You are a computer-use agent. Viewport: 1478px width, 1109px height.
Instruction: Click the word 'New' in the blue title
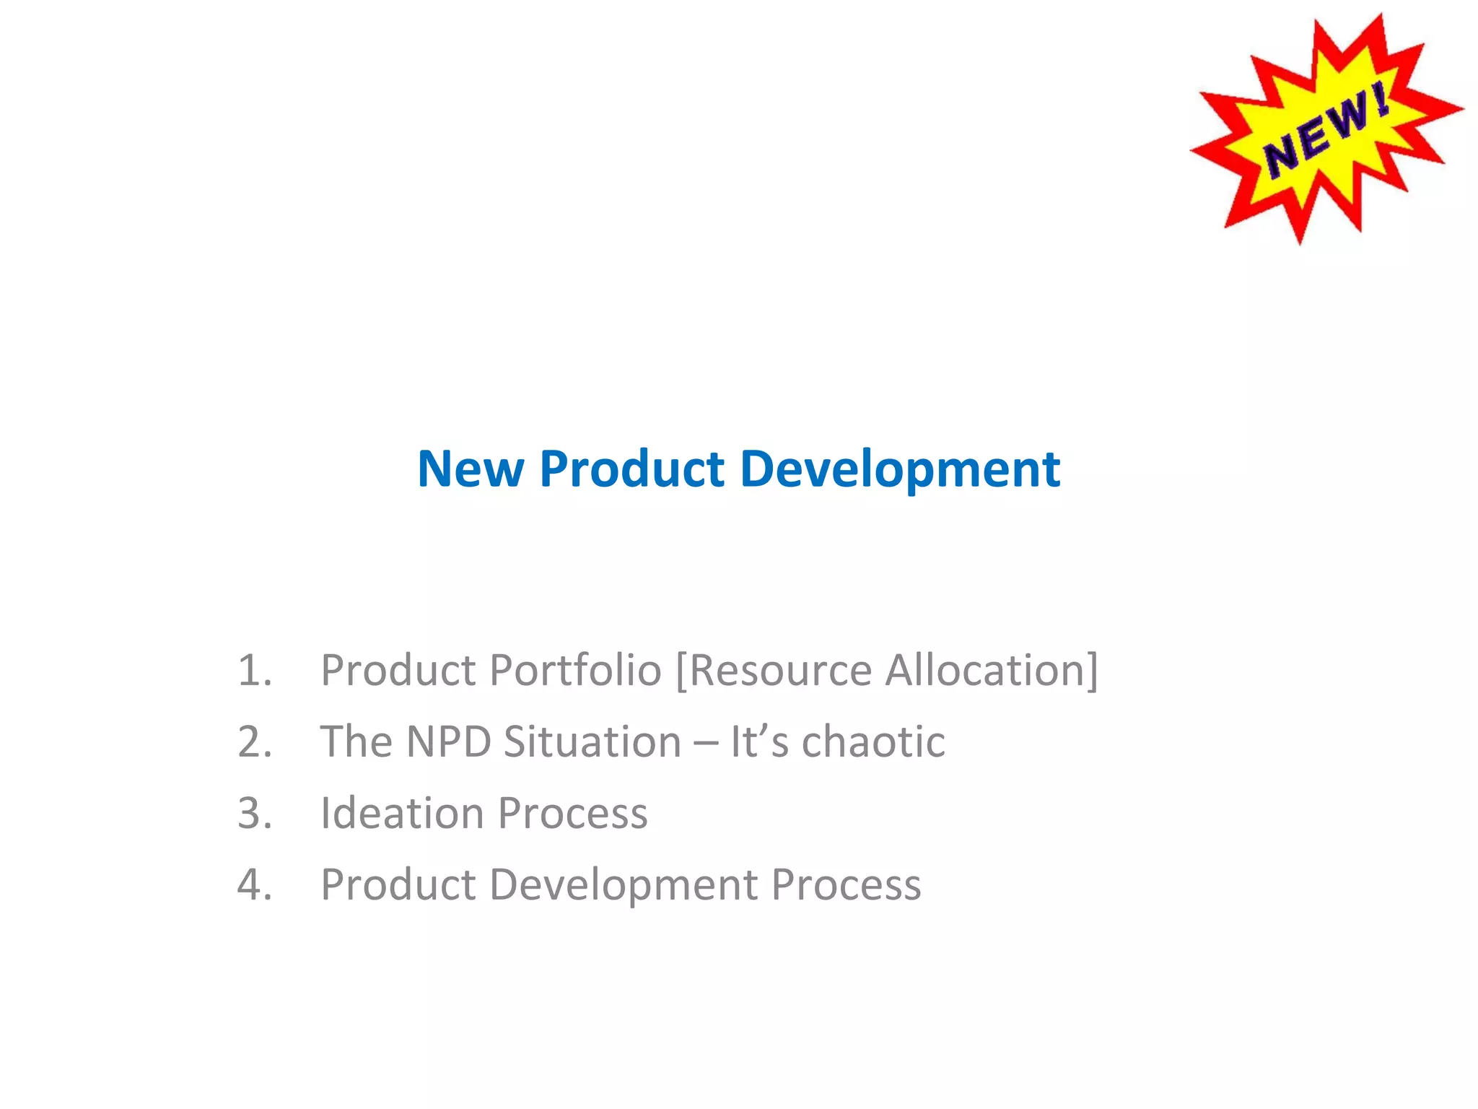click(x=471, y=469)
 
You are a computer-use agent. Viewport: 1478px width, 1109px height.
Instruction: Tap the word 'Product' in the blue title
click(x=631, y=469)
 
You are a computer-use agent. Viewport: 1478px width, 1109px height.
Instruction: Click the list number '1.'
click(x=255, y=670)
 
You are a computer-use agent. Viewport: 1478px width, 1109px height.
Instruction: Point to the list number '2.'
click(x=255, y=741)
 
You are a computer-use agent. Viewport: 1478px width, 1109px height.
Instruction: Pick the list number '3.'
click(x=255, y=813)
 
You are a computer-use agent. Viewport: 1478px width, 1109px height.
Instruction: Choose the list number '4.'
click(x=255, y=884)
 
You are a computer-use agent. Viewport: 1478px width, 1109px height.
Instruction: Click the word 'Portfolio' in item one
click(x=575, y=670)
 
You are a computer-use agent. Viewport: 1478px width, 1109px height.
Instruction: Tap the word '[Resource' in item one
click(x=774, y=670)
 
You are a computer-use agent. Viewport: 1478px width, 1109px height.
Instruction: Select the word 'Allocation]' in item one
click(x=992, y=670)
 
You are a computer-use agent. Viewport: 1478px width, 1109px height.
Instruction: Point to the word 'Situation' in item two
click(x=592, y=741)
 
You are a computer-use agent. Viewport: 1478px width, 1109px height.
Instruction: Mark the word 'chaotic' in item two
click(x=873, y=741)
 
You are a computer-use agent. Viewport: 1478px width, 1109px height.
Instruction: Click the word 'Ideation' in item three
click(x=402, y=813)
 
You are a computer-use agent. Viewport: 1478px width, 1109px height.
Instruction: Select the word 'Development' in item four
click(x=624, y=885)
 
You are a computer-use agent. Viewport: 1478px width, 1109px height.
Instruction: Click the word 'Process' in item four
click(x=846, y=885)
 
